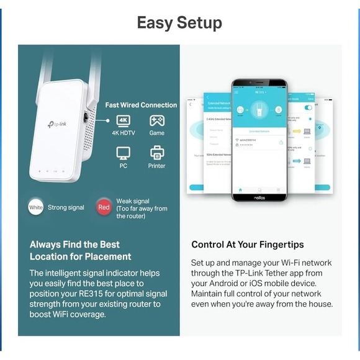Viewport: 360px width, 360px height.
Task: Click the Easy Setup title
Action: point(179,23)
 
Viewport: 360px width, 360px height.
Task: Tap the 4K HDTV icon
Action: point(124,120)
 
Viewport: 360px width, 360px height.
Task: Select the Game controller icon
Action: point(157,120)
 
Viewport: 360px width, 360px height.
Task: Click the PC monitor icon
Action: point(124,152)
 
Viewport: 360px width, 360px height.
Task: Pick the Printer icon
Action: point(157,152)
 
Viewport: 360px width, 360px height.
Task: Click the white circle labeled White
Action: point(36,207)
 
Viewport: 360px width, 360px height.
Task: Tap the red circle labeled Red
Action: point(104,207)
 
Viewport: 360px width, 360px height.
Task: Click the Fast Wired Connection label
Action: point(141,105)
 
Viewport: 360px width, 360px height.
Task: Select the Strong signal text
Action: point(66,207)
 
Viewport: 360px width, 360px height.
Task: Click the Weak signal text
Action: point(133,201)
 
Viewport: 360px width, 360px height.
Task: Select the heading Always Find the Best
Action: point(74,245)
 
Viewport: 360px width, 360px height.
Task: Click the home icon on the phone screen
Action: point(240,189)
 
